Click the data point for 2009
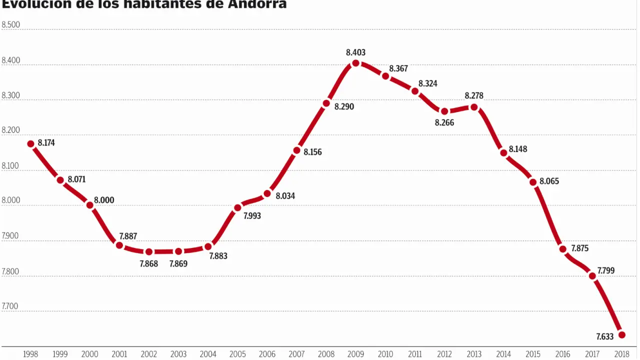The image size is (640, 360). coord(356,63)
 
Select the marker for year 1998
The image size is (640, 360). coord(30,144)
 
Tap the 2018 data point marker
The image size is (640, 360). coord(622,334)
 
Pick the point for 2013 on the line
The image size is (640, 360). coord(474,107)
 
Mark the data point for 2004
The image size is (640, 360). coord(208,246)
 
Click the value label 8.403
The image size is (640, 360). coord(355,52)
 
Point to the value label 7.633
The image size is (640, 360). coord(605,337)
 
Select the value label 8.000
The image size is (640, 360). coord(104,200)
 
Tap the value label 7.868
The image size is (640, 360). coord(148,263)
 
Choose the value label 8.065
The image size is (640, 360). coord(549,181)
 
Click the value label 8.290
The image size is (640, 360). coord(344,106)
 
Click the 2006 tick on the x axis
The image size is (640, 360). coord(267,354)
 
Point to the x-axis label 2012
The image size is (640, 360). coord(444,354)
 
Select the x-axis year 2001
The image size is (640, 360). coord(119,354)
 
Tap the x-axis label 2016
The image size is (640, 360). coord(563,354)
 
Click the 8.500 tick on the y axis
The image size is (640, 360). coord(11,24)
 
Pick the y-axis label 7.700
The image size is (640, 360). coord(10,306)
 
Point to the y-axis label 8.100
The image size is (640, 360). coord(10,165)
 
